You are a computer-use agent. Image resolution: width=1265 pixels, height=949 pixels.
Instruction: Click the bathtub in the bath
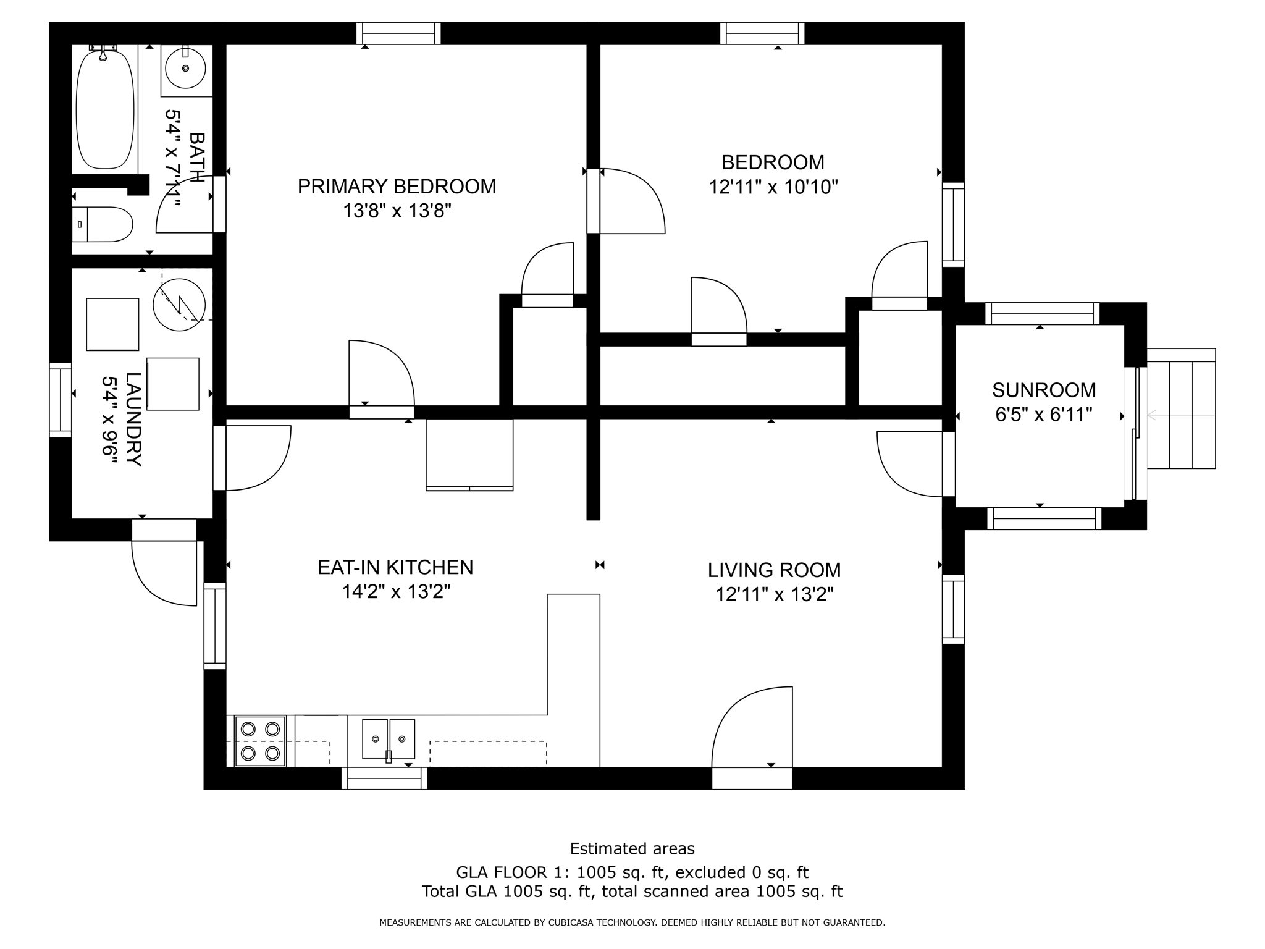click(104, 110)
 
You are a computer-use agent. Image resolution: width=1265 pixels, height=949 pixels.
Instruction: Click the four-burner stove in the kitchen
click(260, 741)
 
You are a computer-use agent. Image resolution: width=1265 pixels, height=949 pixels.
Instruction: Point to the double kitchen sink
click(388, 738)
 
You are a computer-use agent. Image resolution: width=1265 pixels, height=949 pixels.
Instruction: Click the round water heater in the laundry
click(179, 305)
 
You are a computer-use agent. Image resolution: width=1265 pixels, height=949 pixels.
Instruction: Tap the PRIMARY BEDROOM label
click(397, 187)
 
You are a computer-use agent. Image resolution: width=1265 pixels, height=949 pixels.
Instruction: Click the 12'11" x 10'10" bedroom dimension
click(773, 187)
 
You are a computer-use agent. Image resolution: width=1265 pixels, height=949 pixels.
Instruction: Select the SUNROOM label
click(1044, 390)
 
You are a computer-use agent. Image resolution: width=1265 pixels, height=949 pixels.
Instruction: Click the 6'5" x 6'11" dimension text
click(1044, 415)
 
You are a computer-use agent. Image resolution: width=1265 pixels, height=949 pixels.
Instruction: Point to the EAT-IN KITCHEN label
click(395, 567)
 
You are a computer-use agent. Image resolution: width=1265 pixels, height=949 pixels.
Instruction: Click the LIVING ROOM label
click(774, 570)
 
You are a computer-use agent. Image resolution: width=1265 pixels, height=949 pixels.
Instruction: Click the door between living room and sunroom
click(911, 463)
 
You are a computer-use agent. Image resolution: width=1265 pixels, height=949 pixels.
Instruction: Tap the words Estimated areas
click(632, 848)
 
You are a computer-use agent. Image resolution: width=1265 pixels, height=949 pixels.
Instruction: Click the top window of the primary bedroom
click(398, 33)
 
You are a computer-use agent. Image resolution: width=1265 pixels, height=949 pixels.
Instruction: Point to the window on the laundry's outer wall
click(61, 400)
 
